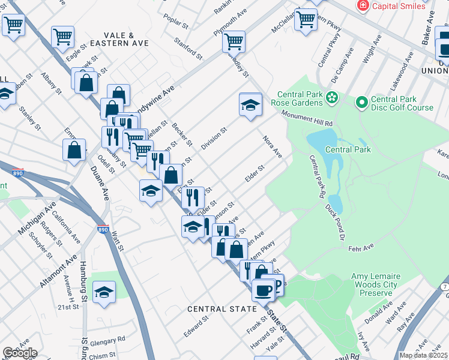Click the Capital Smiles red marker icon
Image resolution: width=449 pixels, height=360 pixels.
pos(363,6)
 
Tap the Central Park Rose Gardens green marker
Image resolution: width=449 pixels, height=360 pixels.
pos(331,96)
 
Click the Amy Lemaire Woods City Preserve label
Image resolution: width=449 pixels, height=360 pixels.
pos(375,284)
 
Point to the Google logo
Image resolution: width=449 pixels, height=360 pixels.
pos(19,353)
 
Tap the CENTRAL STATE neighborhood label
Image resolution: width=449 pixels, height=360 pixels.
pos(221,309)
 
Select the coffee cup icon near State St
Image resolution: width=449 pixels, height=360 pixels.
pos(262,290)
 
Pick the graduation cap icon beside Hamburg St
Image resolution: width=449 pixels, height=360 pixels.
pos(104,292)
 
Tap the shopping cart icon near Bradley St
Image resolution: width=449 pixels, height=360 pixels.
pos(234,41)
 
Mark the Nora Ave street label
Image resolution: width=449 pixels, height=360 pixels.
pos(273,146)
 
